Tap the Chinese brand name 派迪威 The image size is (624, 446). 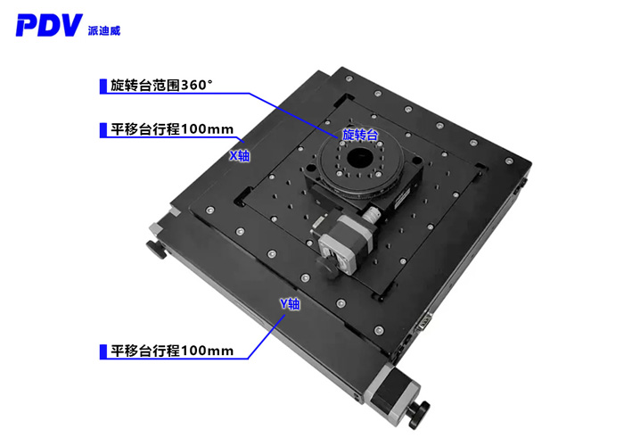105,29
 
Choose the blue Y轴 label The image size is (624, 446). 291,304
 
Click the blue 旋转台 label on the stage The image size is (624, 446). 360,135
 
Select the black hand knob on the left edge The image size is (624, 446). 158,251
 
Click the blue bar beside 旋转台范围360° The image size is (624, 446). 102,87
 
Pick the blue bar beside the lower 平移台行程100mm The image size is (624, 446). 102,351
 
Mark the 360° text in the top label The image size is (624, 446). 197,87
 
